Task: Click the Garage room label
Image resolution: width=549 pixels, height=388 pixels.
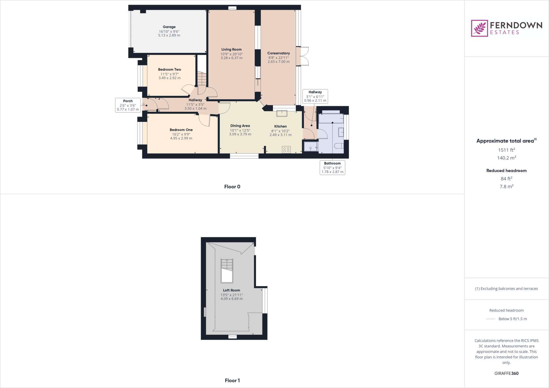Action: coord(169,27)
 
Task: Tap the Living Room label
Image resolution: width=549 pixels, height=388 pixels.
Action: coord(231,50)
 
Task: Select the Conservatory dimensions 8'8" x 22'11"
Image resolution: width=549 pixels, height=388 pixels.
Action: coord(279,58)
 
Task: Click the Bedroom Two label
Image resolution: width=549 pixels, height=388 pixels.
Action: coord(169,70)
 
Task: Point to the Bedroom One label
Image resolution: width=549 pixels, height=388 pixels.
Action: coord(181,130)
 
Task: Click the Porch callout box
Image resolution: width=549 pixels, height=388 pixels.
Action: coord(128,105)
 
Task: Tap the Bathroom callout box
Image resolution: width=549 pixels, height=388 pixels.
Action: coord(332,167)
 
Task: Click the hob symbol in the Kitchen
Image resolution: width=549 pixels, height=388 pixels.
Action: coord(286,150)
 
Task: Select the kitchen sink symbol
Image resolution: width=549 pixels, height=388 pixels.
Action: coord(282,113)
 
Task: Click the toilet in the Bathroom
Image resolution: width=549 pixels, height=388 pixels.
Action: coord(339,146)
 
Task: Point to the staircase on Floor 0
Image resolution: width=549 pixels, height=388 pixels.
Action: coord(202,78)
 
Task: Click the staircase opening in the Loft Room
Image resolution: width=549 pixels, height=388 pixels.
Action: coord(227,271)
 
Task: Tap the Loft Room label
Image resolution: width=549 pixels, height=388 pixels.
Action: coord(231,290)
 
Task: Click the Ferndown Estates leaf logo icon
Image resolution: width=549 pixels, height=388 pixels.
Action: coord(479,28)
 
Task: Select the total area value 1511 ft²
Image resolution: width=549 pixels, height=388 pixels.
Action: coord(506,150)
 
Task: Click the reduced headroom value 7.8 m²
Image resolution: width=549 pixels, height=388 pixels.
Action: coord(506,186)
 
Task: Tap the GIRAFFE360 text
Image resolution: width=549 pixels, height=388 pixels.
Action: coord(506,373)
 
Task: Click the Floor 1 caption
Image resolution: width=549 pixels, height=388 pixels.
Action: coord(232,380)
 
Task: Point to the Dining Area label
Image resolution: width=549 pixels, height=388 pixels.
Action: coord(240,126)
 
